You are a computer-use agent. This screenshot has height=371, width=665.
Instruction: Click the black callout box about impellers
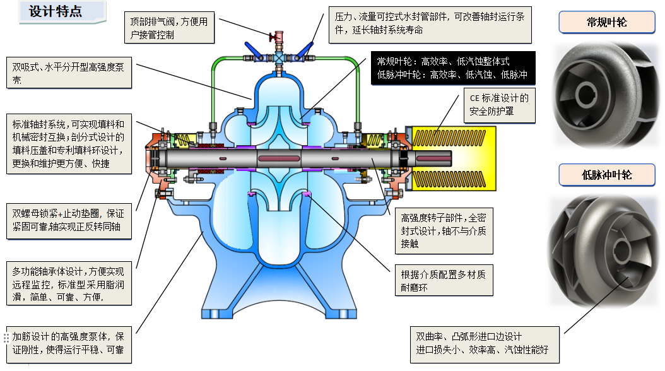click(452, 68)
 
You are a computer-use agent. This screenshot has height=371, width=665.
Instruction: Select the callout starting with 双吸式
click(69, 73)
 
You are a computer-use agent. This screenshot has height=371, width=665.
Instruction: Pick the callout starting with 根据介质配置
click(444, 281)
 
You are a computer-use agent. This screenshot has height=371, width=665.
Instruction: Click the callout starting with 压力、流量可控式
click(430, 24)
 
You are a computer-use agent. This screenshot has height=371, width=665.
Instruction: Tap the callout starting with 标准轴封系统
click(69, 144)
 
